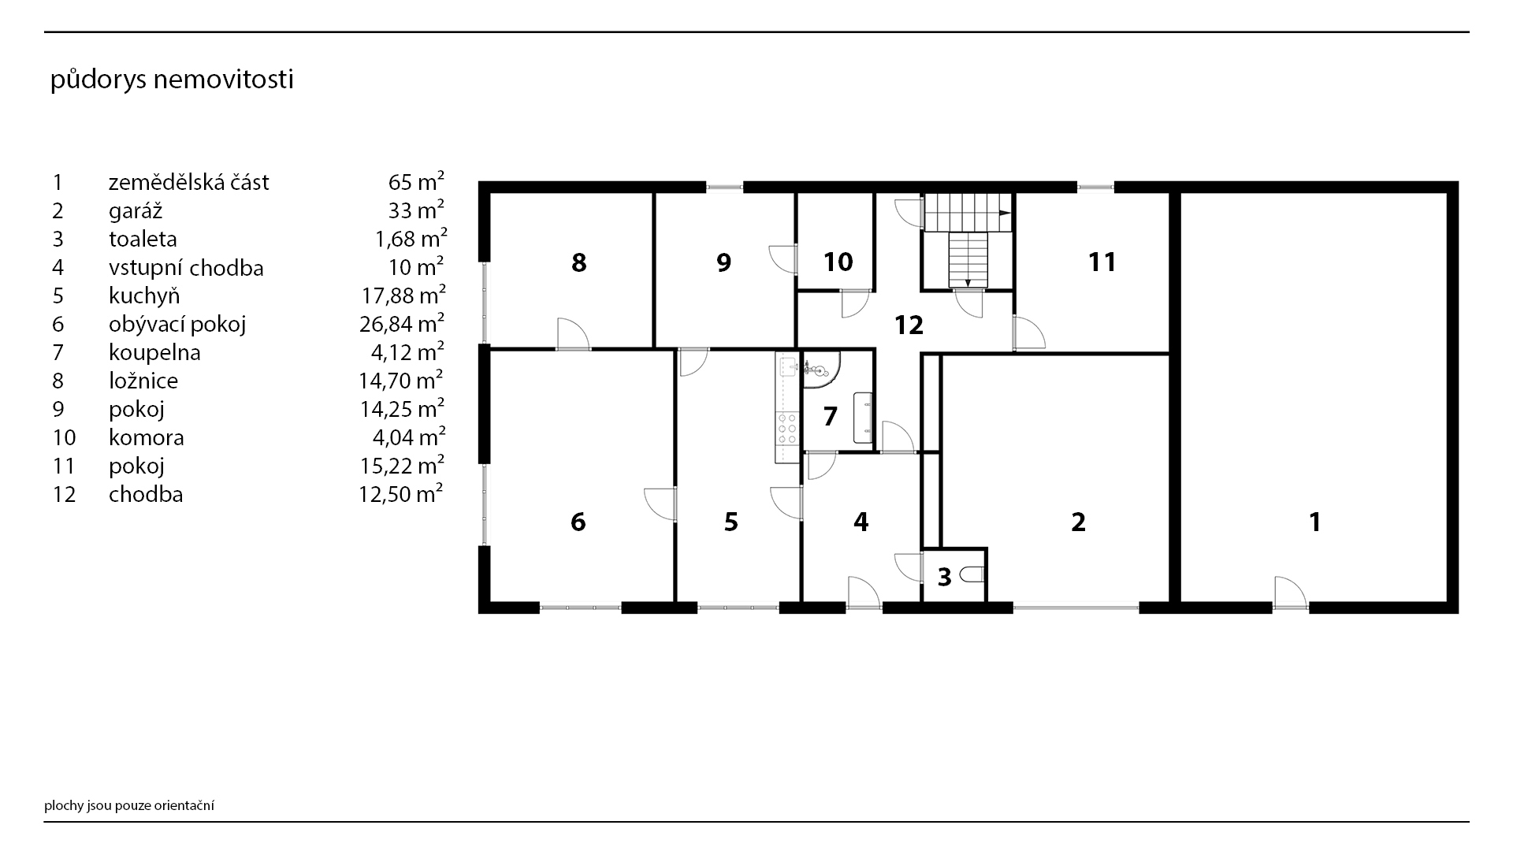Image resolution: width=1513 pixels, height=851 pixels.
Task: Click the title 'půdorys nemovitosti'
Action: (x=172, y=80)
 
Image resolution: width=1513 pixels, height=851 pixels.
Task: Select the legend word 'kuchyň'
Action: (x=144, y=295)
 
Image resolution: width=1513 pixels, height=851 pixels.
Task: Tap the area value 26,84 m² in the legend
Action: (x=402, y=323)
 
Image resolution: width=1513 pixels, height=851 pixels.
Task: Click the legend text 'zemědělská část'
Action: (x=189, y=182)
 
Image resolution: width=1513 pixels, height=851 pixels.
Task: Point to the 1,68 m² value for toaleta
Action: (x=411, y=238)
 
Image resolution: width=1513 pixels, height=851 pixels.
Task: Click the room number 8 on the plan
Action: (x=579, y=262)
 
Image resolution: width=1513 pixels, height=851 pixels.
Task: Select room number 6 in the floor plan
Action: (x=578, y=522)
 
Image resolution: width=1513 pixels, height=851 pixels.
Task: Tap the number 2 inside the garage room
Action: (x=1079, y=522)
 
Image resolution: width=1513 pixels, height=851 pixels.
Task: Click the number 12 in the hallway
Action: (x=909, y=325)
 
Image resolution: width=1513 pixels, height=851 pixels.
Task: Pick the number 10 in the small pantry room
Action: (x=838, y=262)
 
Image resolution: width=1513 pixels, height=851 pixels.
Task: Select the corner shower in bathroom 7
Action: (x=821, y=370)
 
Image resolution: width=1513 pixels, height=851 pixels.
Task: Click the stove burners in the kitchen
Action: (x=786, y=429)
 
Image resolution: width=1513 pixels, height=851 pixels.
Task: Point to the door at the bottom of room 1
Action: (x=1290, y=593)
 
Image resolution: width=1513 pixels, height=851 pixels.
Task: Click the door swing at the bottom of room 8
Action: (x=574, y=333)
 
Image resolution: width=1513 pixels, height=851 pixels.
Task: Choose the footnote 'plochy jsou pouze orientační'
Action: (x=129, y=805)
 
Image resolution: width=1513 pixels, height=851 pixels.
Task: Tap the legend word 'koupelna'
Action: (x=154, y=352)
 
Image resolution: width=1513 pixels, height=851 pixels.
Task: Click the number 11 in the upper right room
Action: (x=1102, y=262)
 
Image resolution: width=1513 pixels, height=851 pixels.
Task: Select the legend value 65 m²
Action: (x=416, y=182)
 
